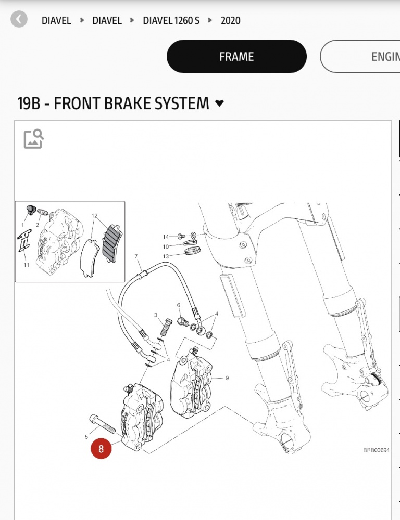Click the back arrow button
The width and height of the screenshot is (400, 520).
(19, 20)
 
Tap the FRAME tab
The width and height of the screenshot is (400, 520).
(236, 57)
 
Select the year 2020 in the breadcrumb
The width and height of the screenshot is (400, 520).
(230, 21)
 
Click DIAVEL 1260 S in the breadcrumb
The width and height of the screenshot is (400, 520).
(171, 21)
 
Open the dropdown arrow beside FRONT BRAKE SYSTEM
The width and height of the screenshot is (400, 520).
(219, 103)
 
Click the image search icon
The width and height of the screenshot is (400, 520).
(34, 139)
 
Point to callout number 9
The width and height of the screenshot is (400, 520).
(227, 378)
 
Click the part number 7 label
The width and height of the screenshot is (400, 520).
(136, 256)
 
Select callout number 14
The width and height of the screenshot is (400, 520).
(166, 237)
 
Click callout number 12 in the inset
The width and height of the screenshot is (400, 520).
(95, 215)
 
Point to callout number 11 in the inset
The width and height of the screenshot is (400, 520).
(27, 265)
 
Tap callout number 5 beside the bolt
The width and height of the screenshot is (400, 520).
(86, 437)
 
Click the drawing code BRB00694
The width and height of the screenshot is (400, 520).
(376, 450)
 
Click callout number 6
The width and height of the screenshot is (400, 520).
(178, 305)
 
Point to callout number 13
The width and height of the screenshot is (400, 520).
(166, 256)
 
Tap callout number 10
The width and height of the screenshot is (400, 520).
(166, 246)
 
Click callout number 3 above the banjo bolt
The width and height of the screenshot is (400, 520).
(155, 315)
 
